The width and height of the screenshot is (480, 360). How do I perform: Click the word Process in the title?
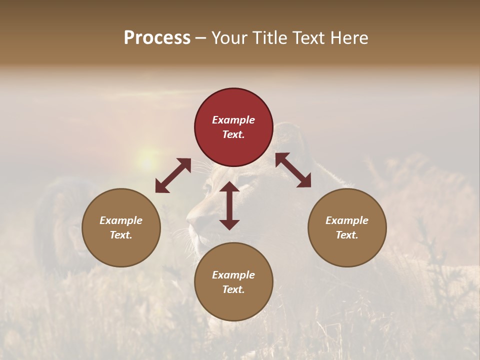click(157, 38)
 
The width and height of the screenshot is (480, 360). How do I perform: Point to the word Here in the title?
click(349, 38)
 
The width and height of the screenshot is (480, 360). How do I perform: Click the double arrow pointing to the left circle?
click(173, 175)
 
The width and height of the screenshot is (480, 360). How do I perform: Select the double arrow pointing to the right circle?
click(293, 170)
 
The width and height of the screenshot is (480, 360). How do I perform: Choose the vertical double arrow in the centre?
click(229, 205)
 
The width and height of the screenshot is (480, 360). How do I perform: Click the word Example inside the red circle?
click(233, 120)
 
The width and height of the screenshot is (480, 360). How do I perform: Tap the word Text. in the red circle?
click(233, 134)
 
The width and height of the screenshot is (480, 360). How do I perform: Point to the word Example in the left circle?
click(121, 220)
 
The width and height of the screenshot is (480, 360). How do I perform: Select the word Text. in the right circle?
click(347, 235)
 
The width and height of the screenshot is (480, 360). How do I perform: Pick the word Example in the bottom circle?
click(233, 275)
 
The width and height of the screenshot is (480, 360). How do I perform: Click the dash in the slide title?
click(200, 38)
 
